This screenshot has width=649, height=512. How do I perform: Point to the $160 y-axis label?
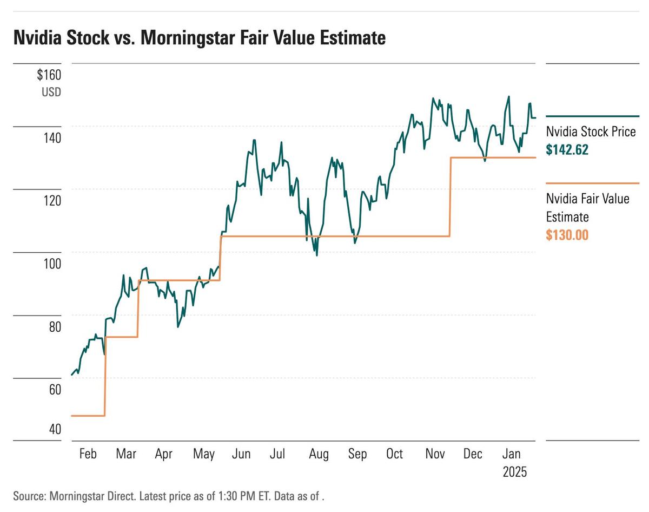coord(49,75)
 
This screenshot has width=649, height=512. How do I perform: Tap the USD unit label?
coord(51,92)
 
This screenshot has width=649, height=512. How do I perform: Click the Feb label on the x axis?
coord(87,454)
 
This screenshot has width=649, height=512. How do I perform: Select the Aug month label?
coord(318,454)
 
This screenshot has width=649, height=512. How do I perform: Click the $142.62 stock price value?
coord(567,150)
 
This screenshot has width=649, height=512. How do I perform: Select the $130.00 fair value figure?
coord(567,235)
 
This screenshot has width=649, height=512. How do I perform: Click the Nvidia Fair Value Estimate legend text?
coord(587,208)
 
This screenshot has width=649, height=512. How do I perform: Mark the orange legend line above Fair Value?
coord(592,183)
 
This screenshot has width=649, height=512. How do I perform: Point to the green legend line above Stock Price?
coord(592,116)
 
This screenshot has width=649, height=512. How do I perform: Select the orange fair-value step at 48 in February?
coord(88,416)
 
